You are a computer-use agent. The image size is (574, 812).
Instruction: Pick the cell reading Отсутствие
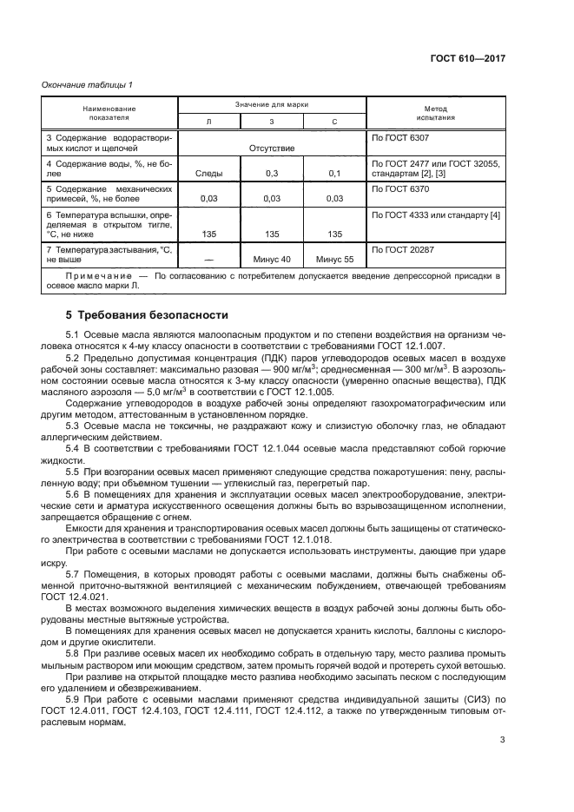[271, 149]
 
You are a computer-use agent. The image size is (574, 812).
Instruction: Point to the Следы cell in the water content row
[208, 174]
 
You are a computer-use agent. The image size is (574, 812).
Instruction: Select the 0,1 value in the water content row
[334, 174]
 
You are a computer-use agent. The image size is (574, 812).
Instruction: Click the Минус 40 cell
[271, 259]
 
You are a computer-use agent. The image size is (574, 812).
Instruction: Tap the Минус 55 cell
[334, 259]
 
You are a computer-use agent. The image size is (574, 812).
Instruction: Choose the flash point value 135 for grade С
[334, 234]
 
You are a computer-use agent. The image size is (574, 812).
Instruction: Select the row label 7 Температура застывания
[105, 249]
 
